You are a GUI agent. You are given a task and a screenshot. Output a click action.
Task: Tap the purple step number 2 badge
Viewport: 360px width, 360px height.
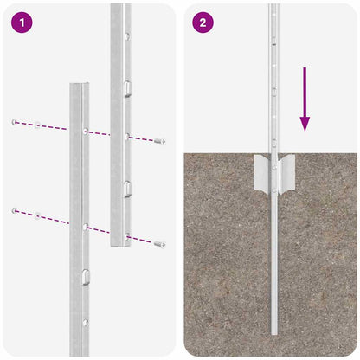click(202, 22)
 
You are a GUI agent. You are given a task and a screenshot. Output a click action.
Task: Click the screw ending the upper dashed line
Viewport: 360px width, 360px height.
click(161, 140)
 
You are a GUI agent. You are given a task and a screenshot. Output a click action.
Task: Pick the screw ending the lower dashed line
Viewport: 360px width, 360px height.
click(160, 244)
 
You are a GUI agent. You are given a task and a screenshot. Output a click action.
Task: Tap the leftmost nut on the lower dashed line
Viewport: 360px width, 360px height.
click(15, 210)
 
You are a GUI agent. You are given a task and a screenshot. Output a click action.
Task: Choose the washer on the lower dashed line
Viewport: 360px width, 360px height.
click(36, 216)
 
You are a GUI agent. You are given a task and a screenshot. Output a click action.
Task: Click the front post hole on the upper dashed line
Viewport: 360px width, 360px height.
click(85, 132)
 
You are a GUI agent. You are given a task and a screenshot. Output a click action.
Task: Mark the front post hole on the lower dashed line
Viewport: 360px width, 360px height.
click(85, 226)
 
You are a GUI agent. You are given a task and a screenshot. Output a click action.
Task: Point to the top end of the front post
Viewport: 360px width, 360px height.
click(80, 85)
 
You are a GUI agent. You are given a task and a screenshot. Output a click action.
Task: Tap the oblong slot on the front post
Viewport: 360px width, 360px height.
click(85, 277)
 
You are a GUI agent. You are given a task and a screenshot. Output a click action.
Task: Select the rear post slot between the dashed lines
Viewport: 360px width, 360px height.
click(126, 188)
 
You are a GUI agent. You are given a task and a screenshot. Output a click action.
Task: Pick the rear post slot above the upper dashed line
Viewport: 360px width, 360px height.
click(126, 87)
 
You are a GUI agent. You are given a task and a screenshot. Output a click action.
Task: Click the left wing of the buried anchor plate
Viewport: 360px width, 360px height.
click(260, 172)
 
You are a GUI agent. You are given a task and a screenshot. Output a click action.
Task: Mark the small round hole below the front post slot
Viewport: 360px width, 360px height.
click(85, 322)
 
